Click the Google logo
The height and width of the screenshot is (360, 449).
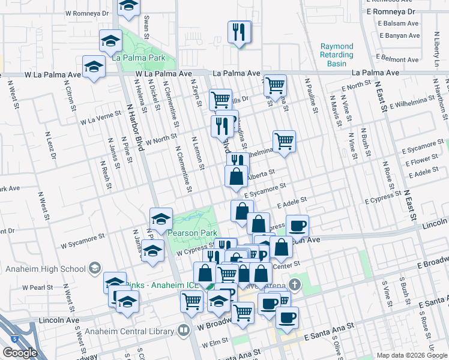click(20, 353)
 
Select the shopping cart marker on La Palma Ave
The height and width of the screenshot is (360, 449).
click(275, 85)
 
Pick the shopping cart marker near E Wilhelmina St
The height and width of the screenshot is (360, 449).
click(284, 141)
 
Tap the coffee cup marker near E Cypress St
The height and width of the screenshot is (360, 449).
click(297, 226)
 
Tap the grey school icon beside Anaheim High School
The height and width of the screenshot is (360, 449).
click(93, 268)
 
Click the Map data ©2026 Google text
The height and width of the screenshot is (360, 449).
click(410, 355)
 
